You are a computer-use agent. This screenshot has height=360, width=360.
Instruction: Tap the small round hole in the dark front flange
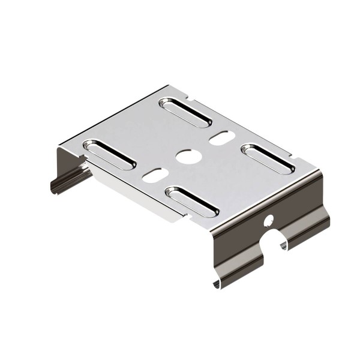[268, 220]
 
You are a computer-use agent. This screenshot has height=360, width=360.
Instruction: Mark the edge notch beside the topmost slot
[193, 96]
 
